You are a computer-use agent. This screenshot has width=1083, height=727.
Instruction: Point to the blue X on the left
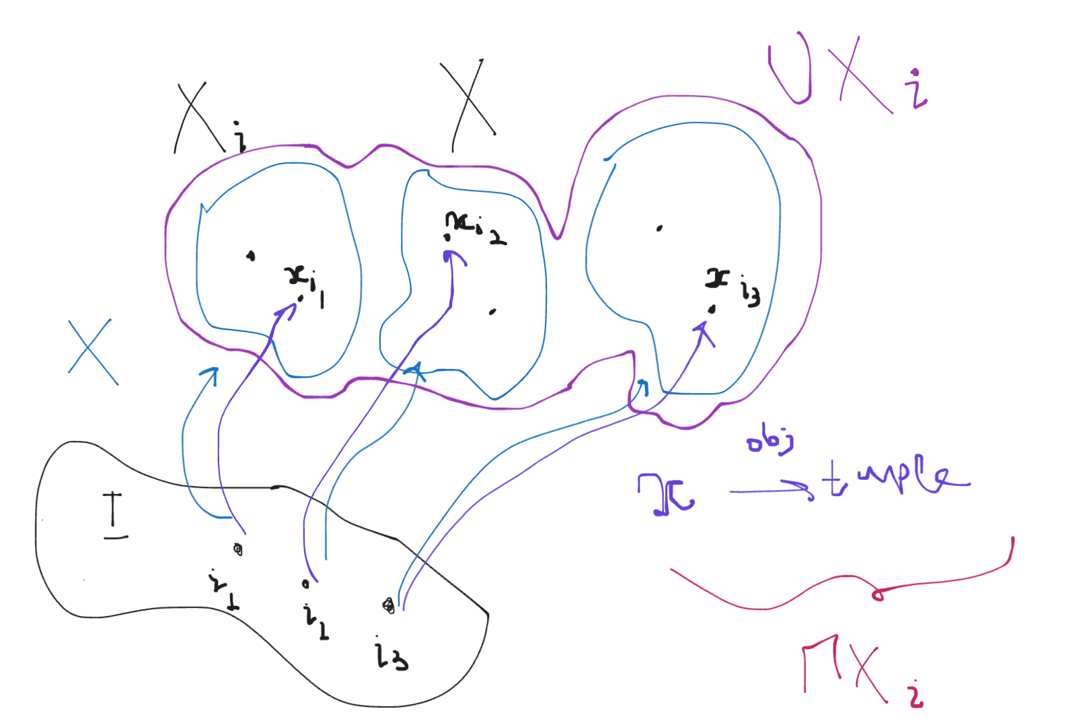click(x=93, y=351)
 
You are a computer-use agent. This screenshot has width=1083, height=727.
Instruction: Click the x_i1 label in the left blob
click(x=307, y=283)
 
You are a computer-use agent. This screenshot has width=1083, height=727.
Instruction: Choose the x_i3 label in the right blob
click(x=732, y=284)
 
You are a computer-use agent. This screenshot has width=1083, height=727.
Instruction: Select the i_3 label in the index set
click(x=390, y=654)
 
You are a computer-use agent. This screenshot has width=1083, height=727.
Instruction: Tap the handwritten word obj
click(x=770, y=442)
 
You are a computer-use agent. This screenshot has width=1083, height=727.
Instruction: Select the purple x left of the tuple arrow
click(x=666, y=495)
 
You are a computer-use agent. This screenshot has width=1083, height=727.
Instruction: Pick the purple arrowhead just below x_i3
click(x=703, y=330)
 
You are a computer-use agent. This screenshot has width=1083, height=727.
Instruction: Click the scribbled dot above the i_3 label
click(x=388, y=606)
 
